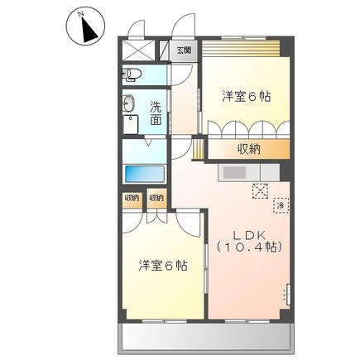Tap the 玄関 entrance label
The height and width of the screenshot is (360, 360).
[x=183, y=50]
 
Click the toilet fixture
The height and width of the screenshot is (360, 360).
[x=133, y=77]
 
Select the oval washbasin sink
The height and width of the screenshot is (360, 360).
[x=130, y=104]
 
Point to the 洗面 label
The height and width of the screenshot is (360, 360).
[x=156, y=112]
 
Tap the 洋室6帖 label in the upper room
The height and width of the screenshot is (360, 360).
[x=247, y=96]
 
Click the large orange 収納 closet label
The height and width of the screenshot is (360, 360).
[x=251, y=149]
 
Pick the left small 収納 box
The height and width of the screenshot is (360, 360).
[x=131, y=198]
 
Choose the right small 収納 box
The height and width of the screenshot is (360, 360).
[x=156, y=198]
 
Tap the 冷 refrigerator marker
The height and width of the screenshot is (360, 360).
[x=281, y=204]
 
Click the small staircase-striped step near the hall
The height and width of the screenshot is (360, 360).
[x=198, y=149]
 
